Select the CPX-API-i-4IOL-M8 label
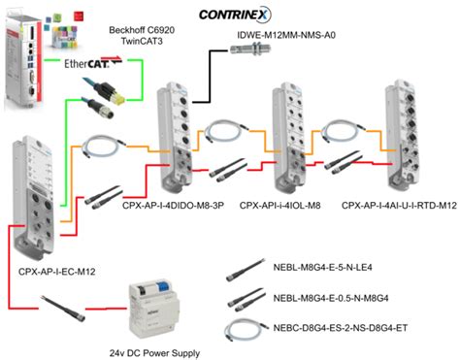pyautogui.click(x=282, y=206)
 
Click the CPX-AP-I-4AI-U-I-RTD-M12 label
pyautogui.click(x=394, y=206)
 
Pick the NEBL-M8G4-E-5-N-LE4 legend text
pyautogui.click(x=342, y=274)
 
